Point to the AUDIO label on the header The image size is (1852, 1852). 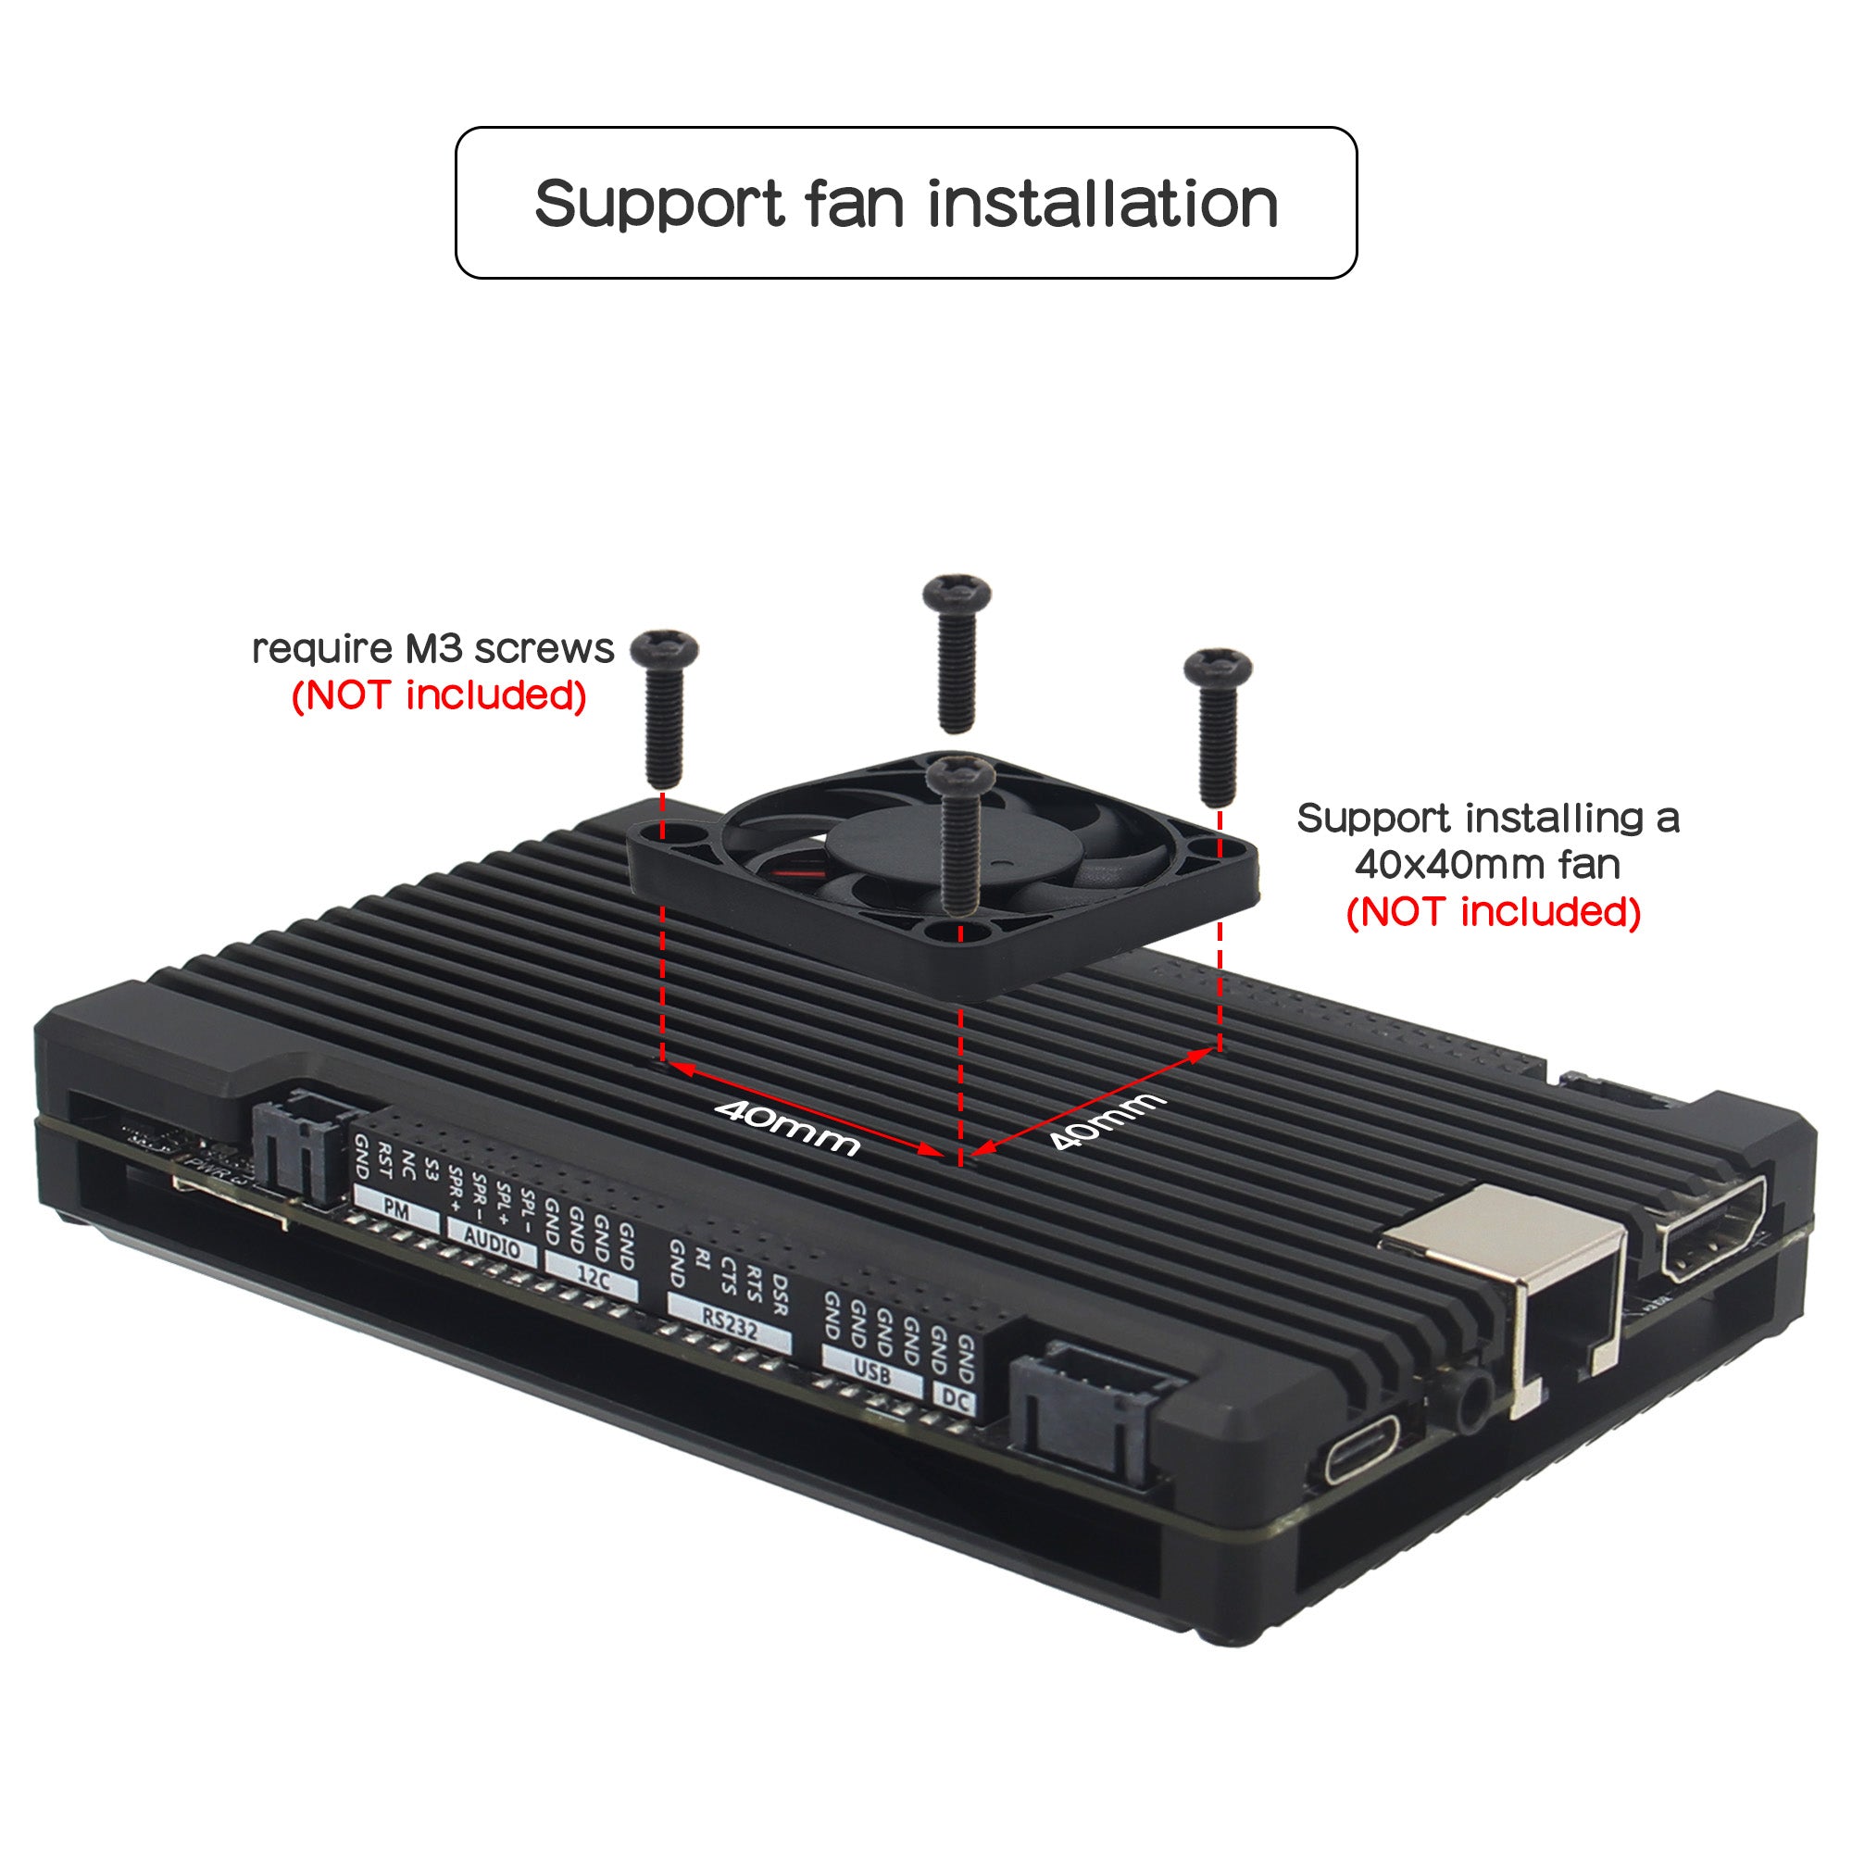[492, 1243]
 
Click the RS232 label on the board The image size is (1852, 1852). [729, 1324]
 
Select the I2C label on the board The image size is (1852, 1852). [592, 1278]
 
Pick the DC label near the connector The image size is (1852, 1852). [955, 1398]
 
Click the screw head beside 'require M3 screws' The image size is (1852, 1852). [663, 648]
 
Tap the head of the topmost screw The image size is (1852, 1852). [956, 593]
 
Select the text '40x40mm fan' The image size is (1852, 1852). [1487, 865]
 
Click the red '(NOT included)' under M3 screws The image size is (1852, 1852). [439, 695]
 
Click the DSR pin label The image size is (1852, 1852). [780, 1295]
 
